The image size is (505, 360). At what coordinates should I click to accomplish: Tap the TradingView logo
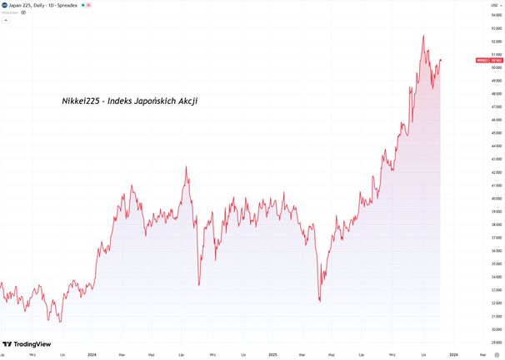pos(27,344)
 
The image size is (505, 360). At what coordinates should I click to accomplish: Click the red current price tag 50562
pos(487,60)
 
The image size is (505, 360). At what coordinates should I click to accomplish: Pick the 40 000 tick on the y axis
pos(495,199)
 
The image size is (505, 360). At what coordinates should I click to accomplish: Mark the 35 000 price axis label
pos(495,264)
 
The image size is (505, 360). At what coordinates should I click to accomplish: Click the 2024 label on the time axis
pos(92,355)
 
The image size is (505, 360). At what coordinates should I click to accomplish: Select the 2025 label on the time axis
pos(272,355)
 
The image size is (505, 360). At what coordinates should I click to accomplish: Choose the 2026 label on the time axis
pos(453,355)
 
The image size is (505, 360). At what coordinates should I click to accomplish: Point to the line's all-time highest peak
pos(423,36)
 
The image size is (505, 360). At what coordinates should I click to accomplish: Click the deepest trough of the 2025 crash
pos(320,301)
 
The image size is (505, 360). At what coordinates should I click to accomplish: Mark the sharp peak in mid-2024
pos(186,167)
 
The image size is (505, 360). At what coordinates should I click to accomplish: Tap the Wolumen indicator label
pos(10,12)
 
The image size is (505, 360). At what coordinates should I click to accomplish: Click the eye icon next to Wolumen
pos(23,12)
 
